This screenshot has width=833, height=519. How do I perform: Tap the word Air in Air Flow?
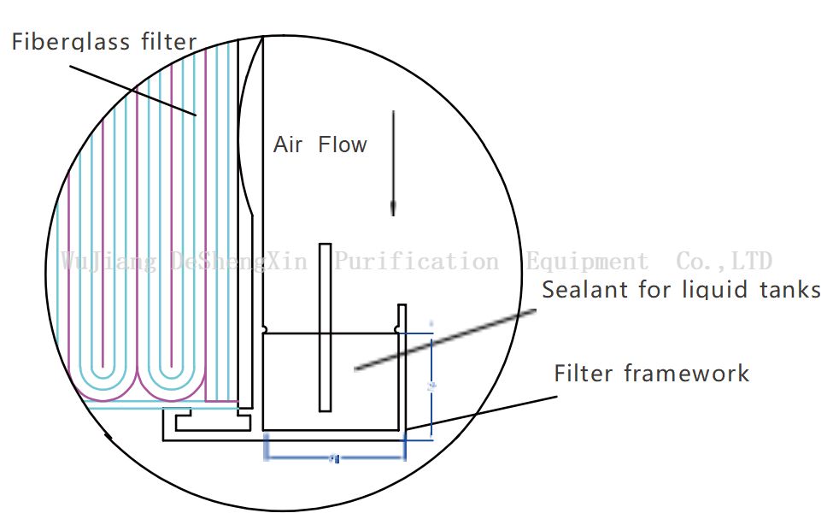[x=288, y=144]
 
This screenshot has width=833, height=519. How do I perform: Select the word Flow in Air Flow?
[x=342, y=144]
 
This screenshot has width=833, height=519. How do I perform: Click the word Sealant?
[x=584, y=290]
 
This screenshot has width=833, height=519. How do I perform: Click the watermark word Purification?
[x=416, y=261]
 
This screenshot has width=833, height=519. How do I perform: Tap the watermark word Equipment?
[x=587, y=261]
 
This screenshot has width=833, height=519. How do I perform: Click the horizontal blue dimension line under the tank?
[x=335, y=458]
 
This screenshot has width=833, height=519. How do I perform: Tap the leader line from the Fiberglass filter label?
[x=137, y=86]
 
